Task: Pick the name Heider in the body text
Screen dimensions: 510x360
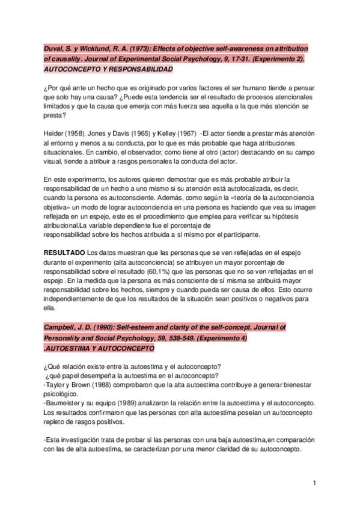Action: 55,133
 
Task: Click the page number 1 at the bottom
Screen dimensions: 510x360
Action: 314,483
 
